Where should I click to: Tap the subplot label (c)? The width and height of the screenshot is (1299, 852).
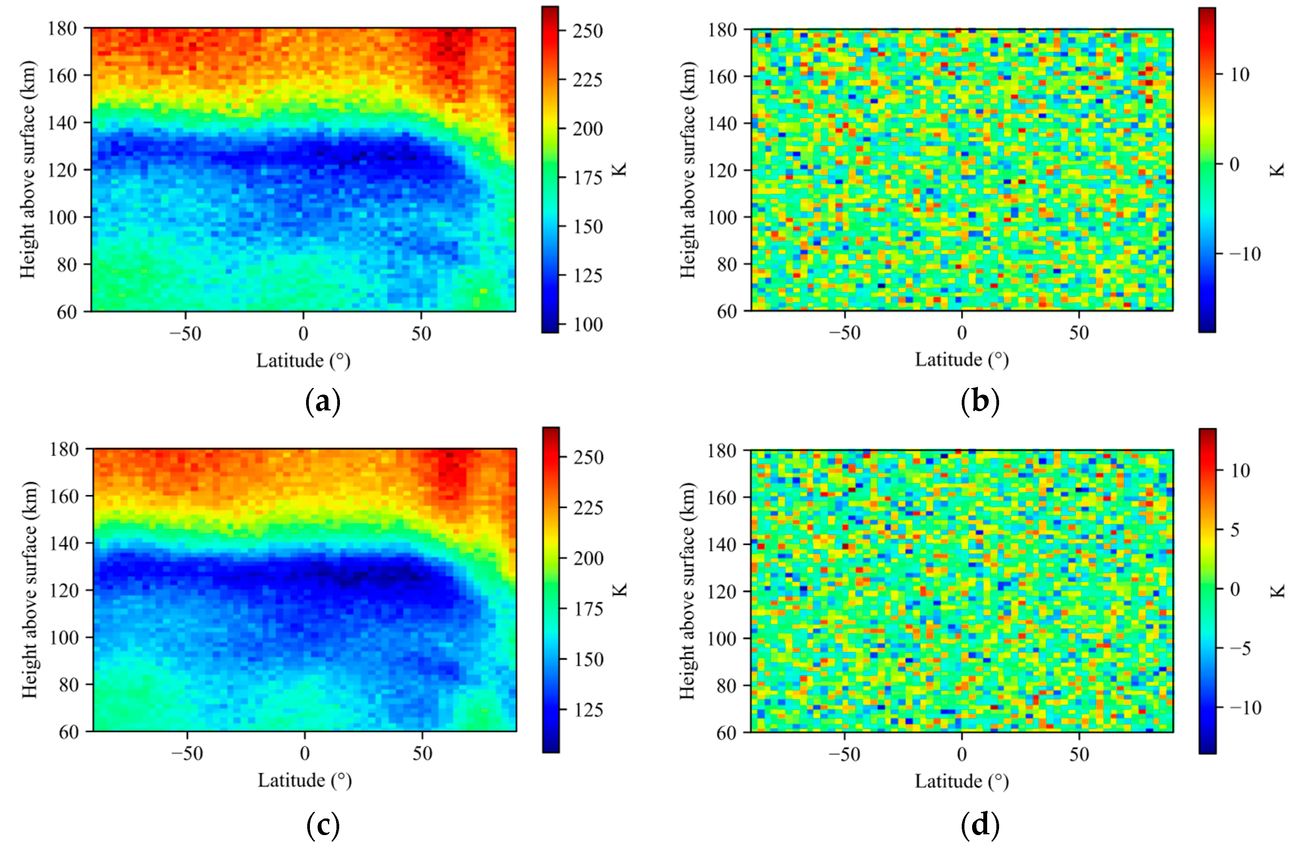[323, 826]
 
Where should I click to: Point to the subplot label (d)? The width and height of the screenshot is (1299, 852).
[980, 826]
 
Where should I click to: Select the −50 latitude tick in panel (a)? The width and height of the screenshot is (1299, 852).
[185, 333]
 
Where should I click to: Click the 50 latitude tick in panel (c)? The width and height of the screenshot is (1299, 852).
[422, 754]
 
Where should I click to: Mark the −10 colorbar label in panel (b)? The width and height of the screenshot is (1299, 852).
[1245, 254]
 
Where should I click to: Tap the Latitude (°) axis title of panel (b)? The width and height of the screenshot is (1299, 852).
[962, 360]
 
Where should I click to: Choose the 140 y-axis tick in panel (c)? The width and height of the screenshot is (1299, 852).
[64, 544]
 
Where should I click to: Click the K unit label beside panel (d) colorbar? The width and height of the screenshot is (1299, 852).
[1277, 591]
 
